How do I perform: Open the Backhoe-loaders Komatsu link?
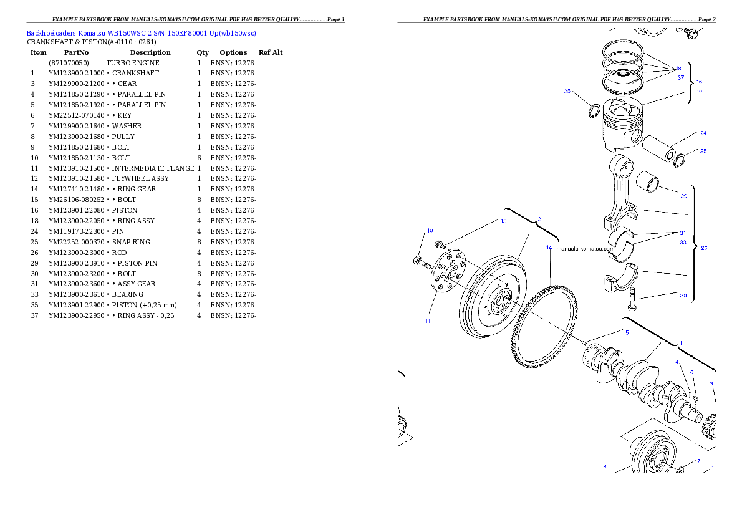[65, 33]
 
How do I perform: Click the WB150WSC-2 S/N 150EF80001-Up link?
[181, 33]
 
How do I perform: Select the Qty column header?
[203, 52]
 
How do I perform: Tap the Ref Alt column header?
[271, 52]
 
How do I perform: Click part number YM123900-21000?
[76, 74]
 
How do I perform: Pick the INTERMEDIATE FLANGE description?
[153, 168]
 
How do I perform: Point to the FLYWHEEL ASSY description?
[140, 178]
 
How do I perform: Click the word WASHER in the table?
[127, 126]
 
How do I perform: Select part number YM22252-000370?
[76, 242]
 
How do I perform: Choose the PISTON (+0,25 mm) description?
[144, 306]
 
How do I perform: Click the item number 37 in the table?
[34, 315]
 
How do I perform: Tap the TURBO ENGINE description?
[133, 63]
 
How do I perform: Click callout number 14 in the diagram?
[549, 248]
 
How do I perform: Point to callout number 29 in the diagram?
[683, 196]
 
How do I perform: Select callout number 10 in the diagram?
[430, 231]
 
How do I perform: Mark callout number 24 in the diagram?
[703, 133]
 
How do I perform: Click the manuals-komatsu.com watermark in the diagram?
[585, 249]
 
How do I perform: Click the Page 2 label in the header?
[706, 19]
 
